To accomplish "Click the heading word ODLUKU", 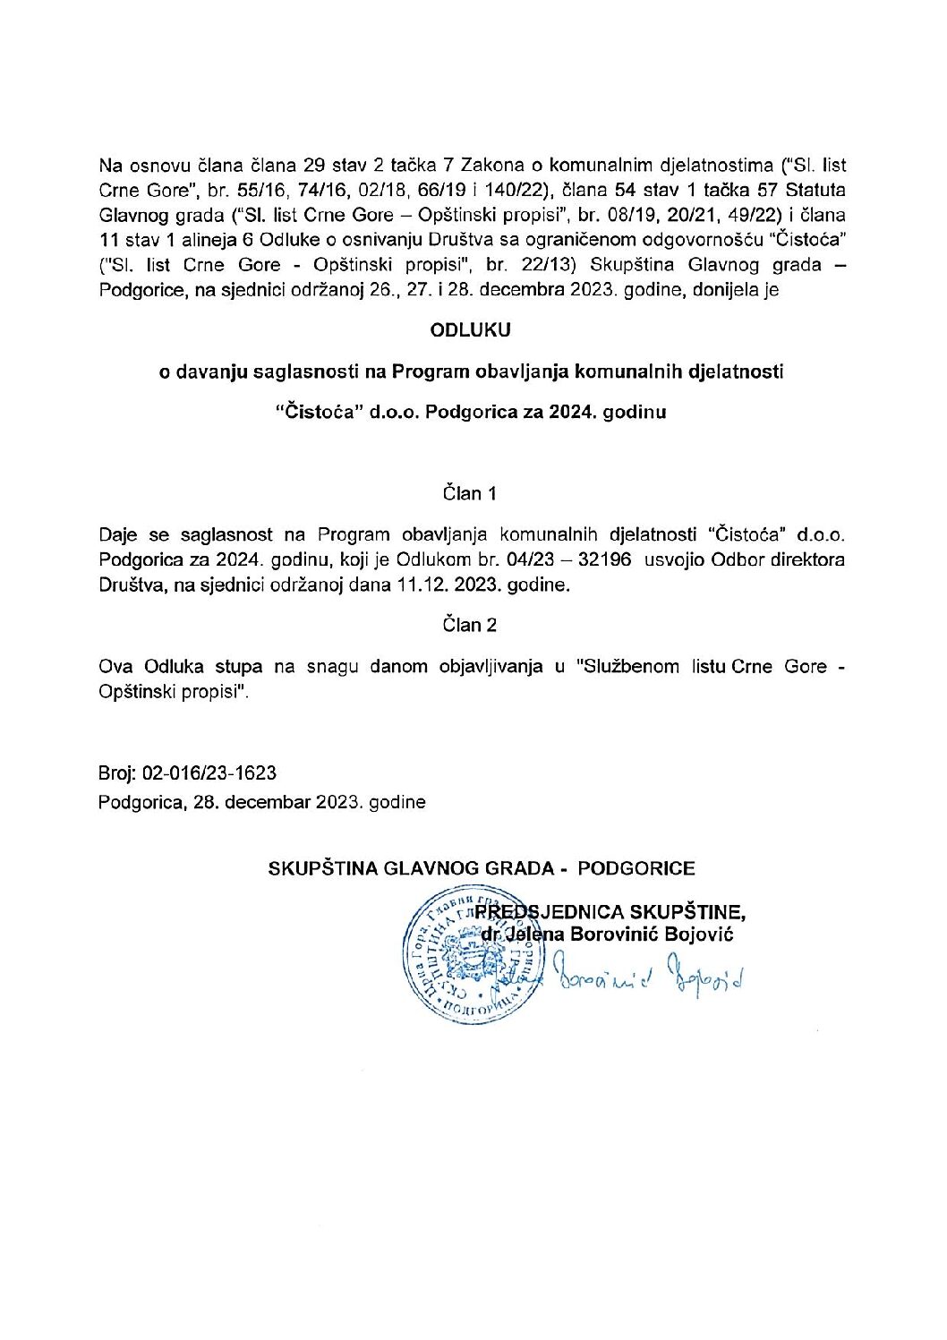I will [x=470, y=329].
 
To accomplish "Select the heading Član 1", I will [x=469, y=493].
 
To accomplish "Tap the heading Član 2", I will [x=469, y=625].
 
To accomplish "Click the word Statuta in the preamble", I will [x=815, y=190].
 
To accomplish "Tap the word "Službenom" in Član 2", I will [x=628, y=667].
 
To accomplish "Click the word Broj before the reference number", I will [x=116, y=773].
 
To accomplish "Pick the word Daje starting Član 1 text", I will [x=119, y=534].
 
